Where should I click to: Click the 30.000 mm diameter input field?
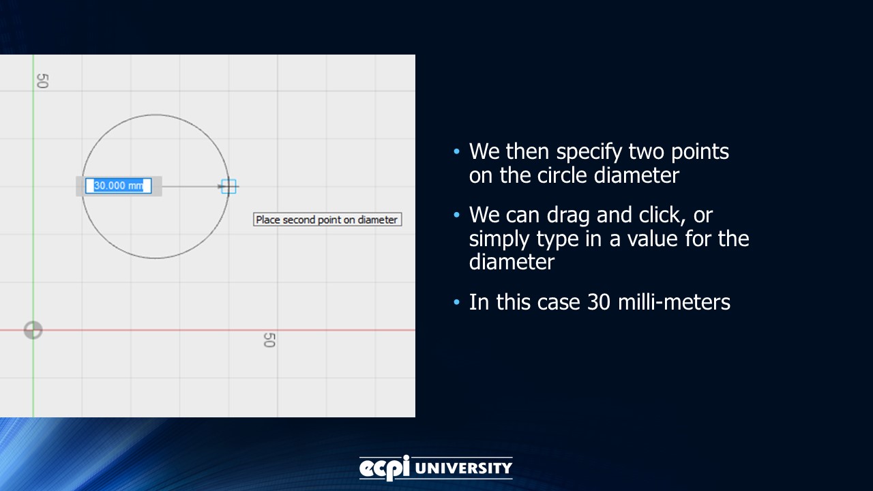click(x=119, y=185)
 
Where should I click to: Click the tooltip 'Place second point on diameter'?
click(x=327, y=220)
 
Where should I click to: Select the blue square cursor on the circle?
click(x=228, y=186)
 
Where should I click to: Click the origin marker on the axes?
click(x=33, y=331)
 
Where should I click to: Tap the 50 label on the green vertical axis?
click(x=42, y=81)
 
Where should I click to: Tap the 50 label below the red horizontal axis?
click(x=269, y=340)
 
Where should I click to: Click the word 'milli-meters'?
click(x=674, y=302)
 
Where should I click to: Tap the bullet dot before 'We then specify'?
click(x=456, y=151)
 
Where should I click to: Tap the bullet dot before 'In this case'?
click(x=456, y=302)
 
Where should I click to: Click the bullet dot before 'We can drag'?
click(x=456, y=215)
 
